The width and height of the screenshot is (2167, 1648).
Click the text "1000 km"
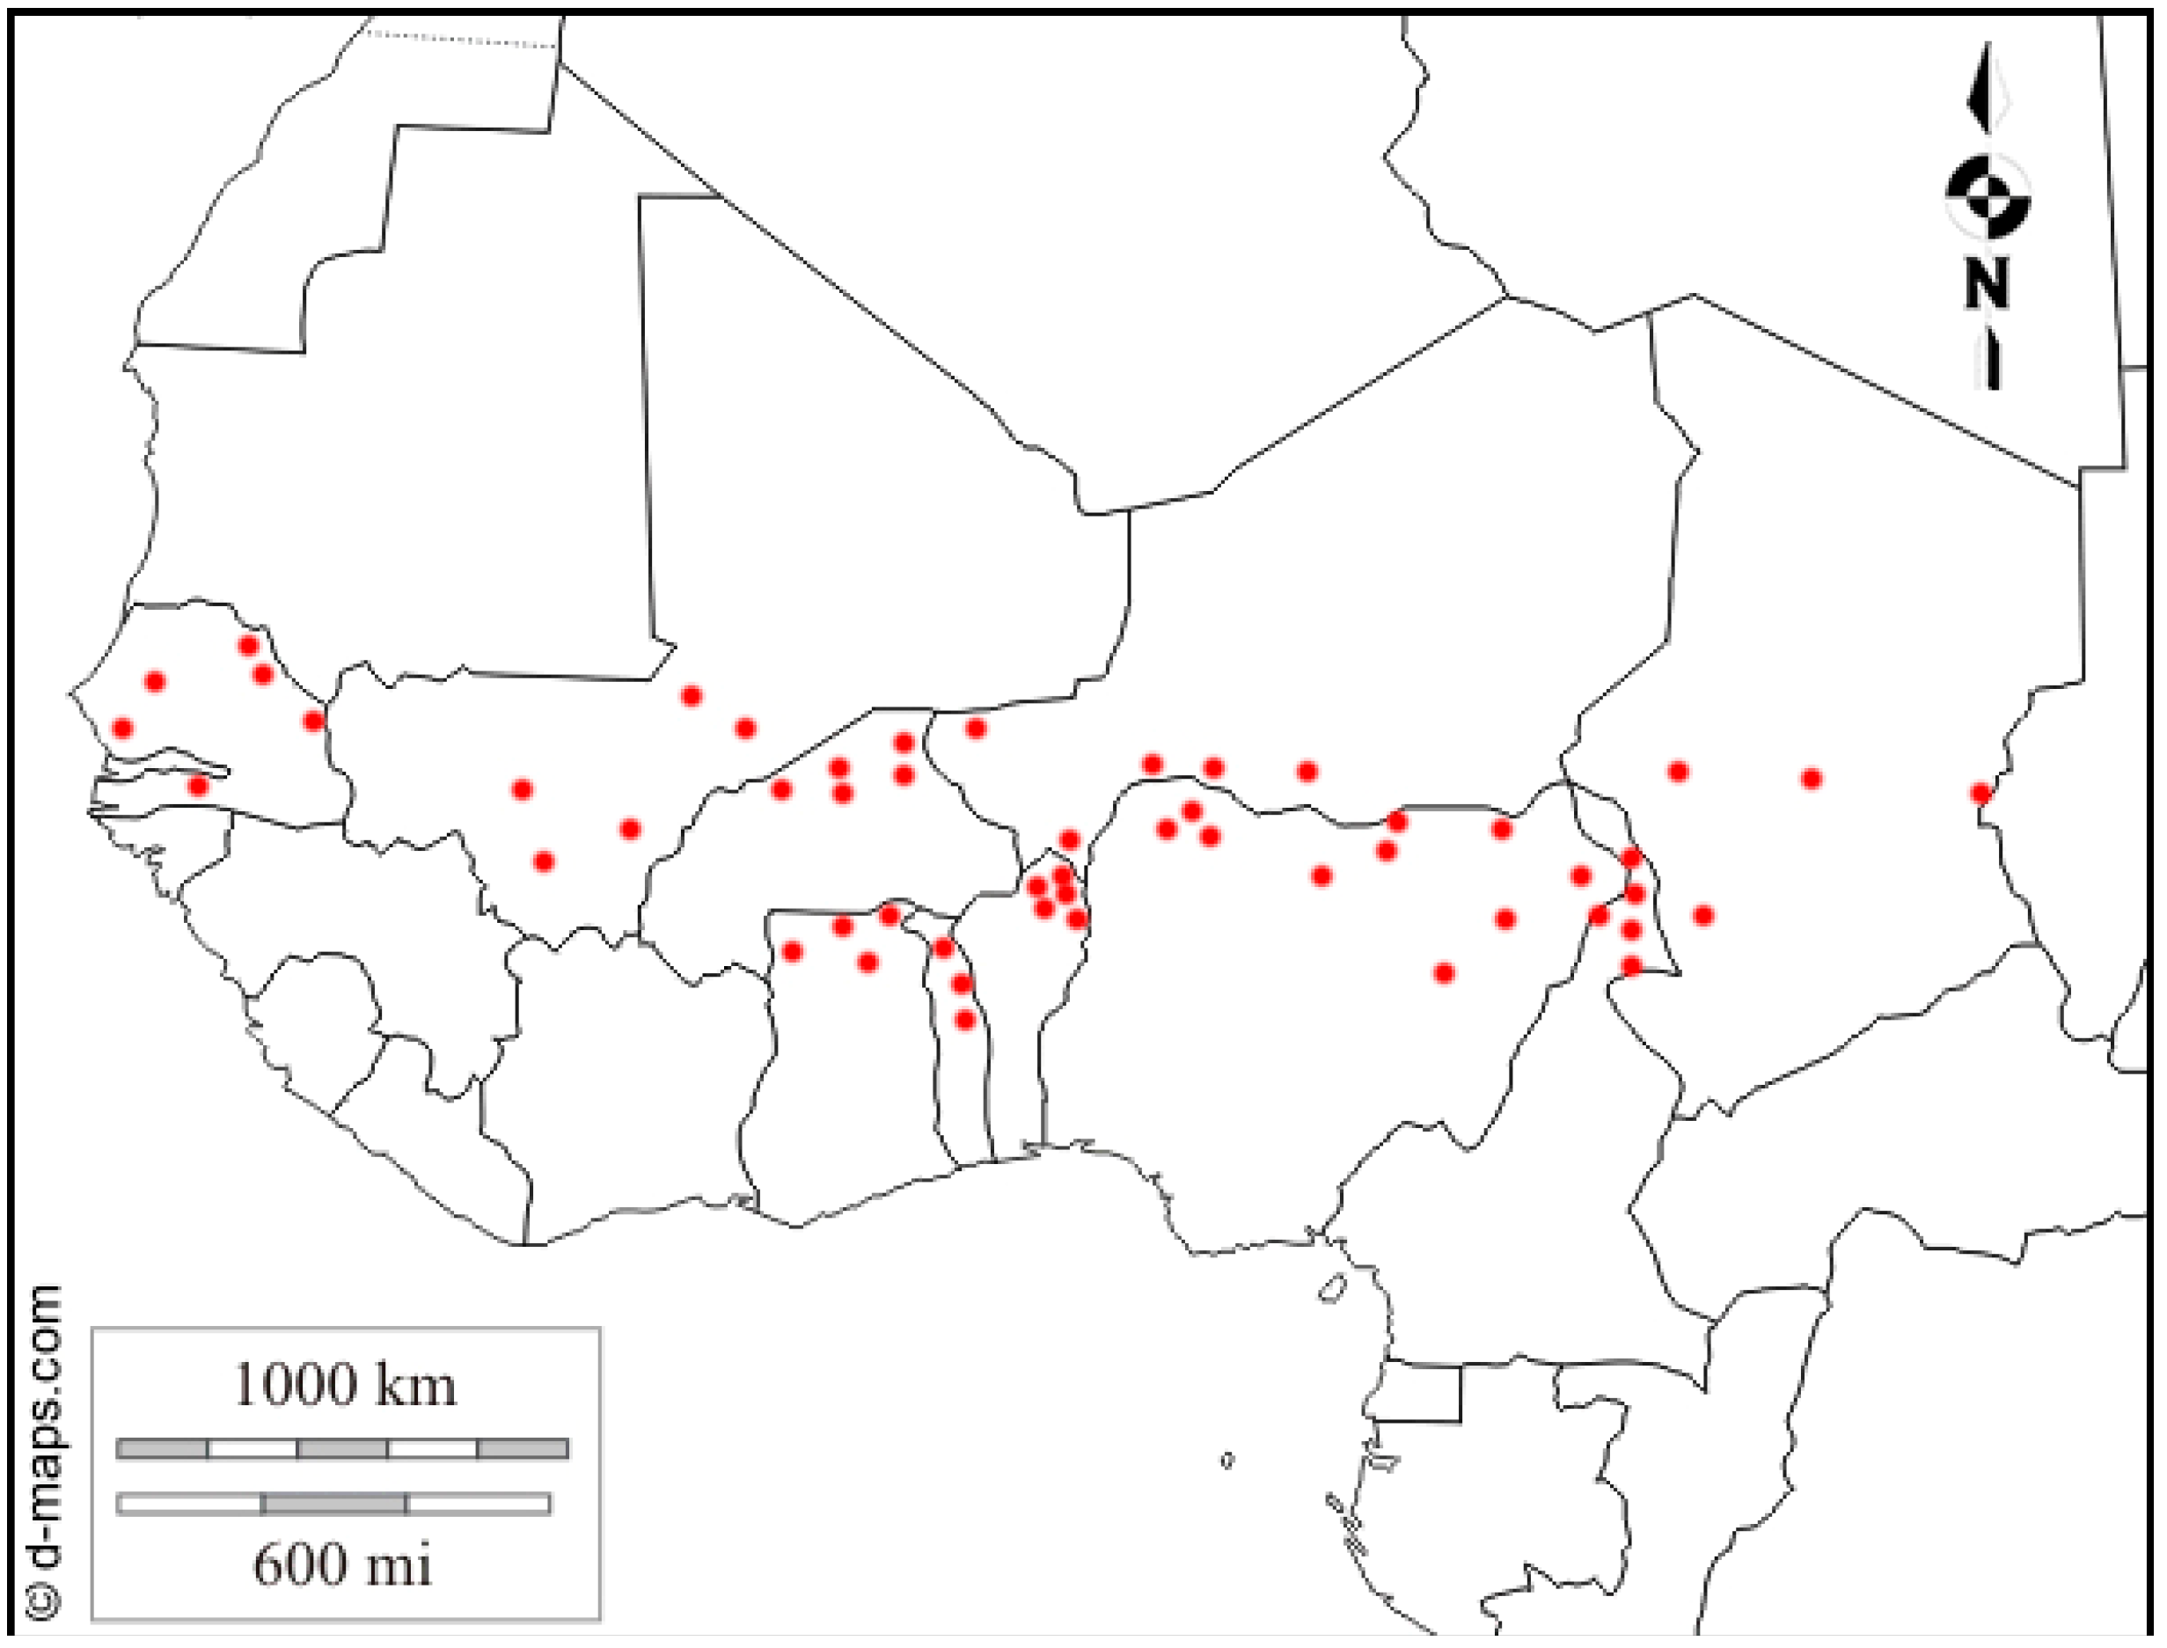coord(344,1385)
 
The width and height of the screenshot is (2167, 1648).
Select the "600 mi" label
coord(342,1564)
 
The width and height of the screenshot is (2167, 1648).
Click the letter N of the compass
coord(1988,283)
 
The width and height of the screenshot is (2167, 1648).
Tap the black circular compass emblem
coord(1988,196)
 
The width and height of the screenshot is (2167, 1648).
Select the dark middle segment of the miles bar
coord(334,1503)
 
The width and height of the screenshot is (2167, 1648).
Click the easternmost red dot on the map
coord(1980,793)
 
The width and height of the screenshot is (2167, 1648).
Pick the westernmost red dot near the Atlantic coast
coord(122,728)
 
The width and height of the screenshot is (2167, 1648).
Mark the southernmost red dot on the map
coord(965,1020)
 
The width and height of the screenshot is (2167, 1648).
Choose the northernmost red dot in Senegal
coord(248,646)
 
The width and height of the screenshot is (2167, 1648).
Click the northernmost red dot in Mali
coord(692,697)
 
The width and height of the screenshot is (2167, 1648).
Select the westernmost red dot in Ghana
coord(793,951)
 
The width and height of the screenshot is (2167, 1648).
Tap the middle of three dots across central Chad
coord(1811,779)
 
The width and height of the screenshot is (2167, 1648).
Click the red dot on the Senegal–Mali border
coord(313,721)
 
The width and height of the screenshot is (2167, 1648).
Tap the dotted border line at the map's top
coord(461,40)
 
